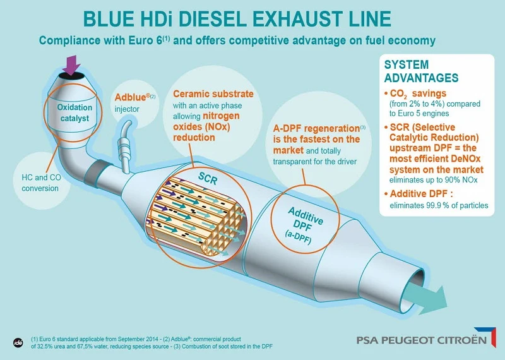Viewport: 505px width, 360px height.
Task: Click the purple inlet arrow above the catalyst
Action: (x=71, y=65)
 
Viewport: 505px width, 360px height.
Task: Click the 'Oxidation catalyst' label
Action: (x=74, y=113)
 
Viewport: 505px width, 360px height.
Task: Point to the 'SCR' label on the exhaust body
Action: (x=208, y=178)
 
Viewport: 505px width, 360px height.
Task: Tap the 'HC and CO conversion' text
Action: (x=41, y=183)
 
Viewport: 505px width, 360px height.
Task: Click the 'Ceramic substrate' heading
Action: (x=213, y=93)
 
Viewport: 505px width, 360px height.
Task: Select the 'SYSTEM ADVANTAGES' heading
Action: (x=421, y=71)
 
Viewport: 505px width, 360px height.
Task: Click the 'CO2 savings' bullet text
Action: (x=418, y=93)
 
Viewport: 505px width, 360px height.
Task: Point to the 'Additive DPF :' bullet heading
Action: (x=421, y=194)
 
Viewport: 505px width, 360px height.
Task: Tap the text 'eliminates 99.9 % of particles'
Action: (x=439, y=206)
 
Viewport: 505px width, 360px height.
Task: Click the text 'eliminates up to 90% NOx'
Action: (x=433, y=180)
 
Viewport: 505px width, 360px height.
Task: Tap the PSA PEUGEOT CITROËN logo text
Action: (x=422, y=340)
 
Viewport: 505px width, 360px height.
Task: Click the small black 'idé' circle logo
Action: (x=18, y=343)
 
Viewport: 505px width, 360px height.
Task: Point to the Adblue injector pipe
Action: (x=124, y=145)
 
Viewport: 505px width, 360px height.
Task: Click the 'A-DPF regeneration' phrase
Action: (x=316, y=129)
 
